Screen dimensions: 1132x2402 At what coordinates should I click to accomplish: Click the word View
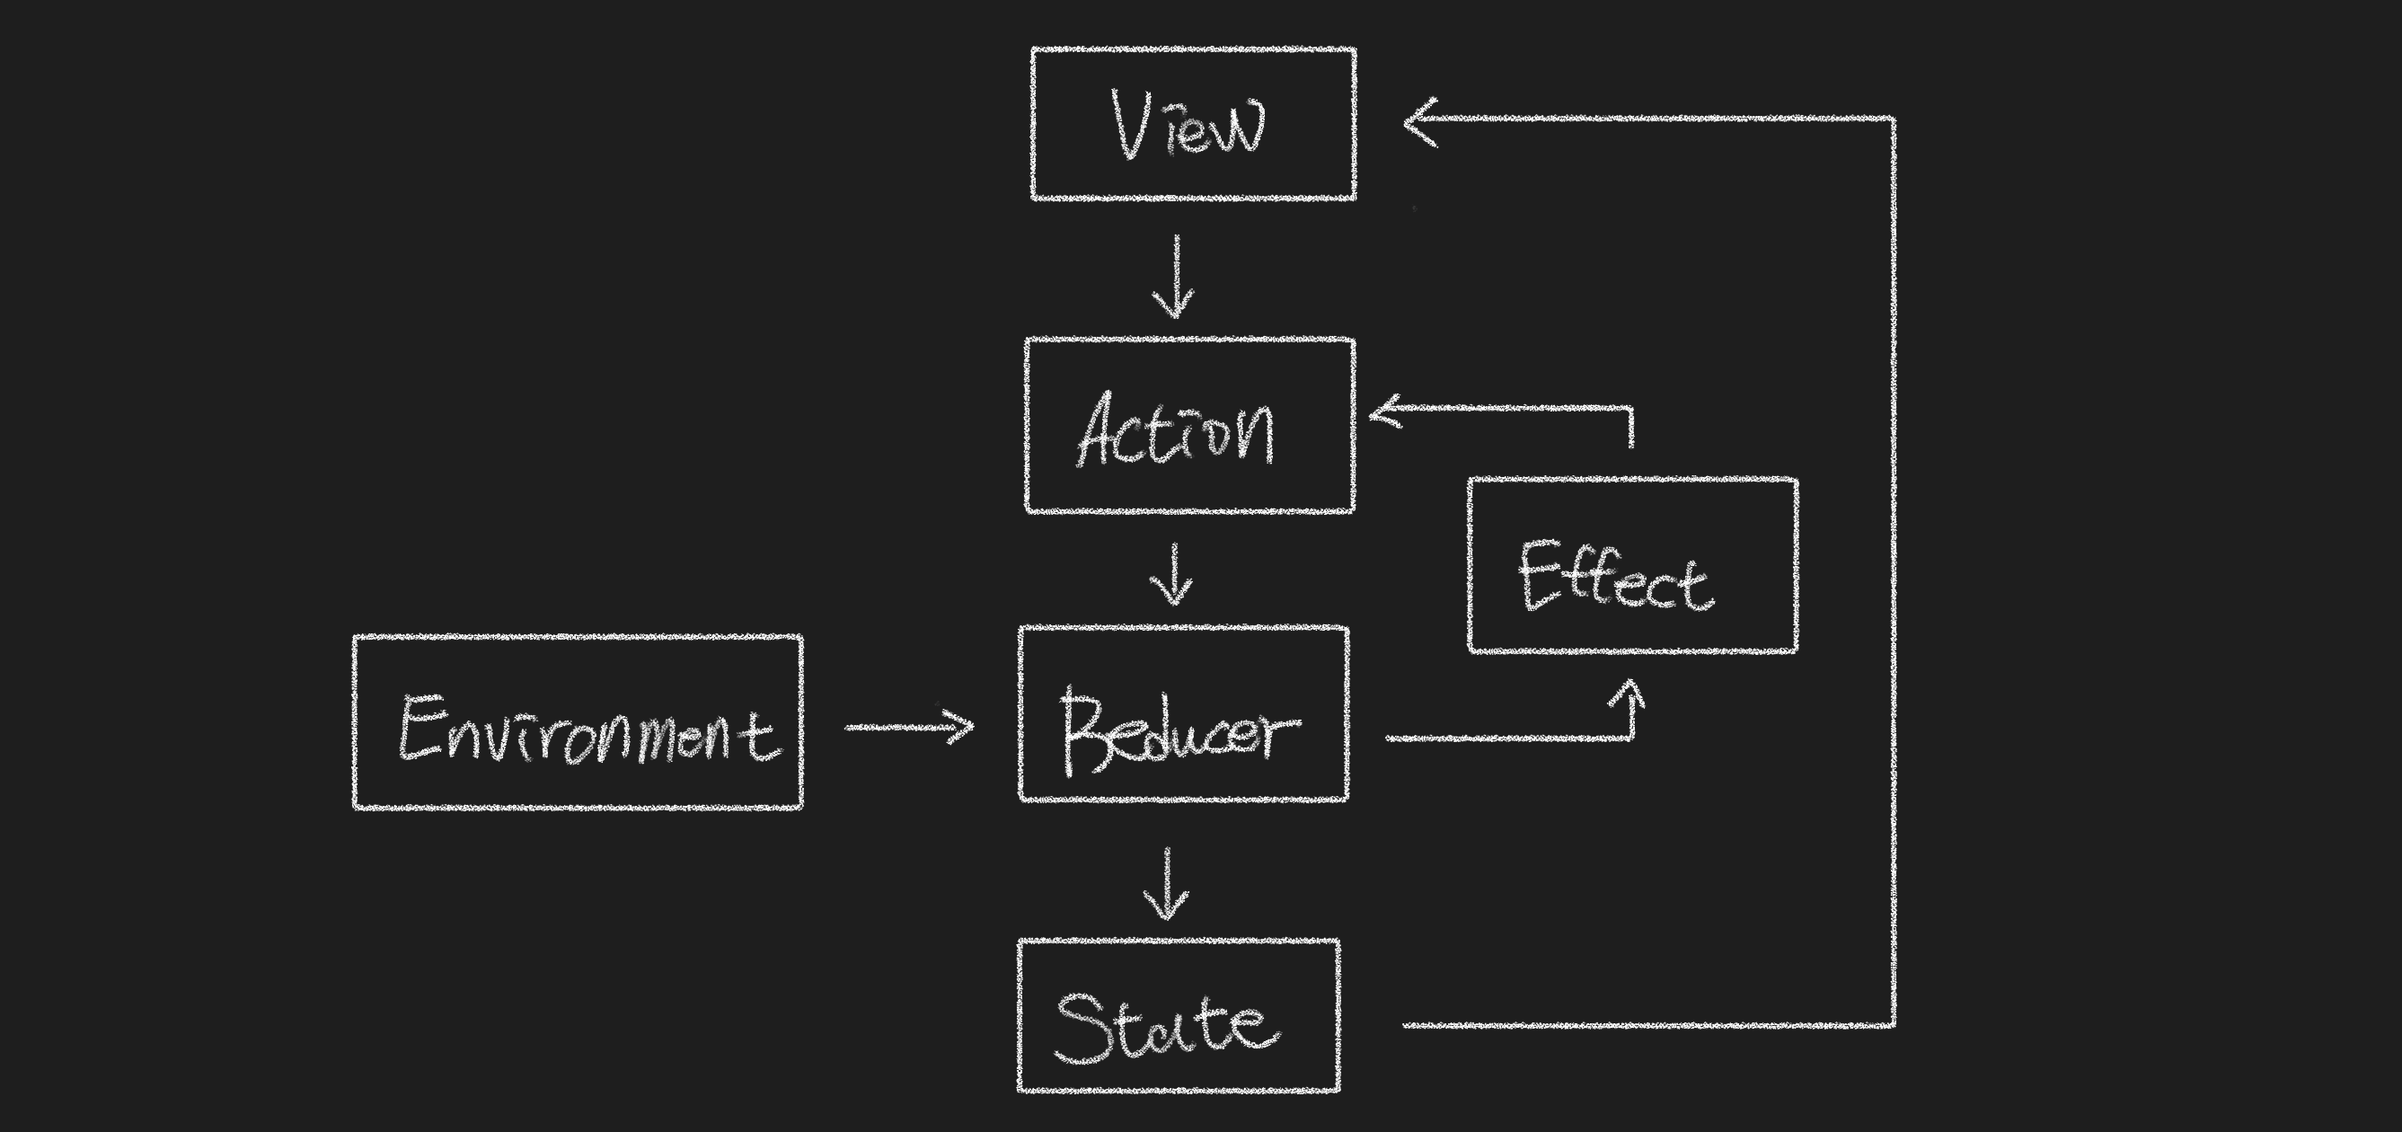[1188, 125]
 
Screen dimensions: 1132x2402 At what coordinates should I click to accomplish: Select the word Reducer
[1179, 731]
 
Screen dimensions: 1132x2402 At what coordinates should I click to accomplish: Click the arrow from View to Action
[1175, 277]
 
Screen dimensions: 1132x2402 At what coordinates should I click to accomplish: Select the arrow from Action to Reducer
[1173, 574]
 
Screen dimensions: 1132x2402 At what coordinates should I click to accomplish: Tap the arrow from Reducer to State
[1167, 884]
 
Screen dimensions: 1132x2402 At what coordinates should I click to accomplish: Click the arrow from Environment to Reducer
[909, 727]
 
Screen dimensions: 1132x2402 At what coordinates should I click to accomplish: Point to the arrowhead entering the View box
[1419, 121]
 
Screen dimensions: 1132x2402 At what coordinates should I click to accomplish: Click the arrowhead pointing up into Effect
[1631, 694]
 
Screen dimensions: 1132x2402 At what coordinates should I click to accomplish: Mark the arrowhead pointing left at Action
[1383, 411]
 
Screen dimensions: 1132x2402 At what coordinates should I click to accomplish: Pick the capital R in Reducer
[1083, 731]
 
